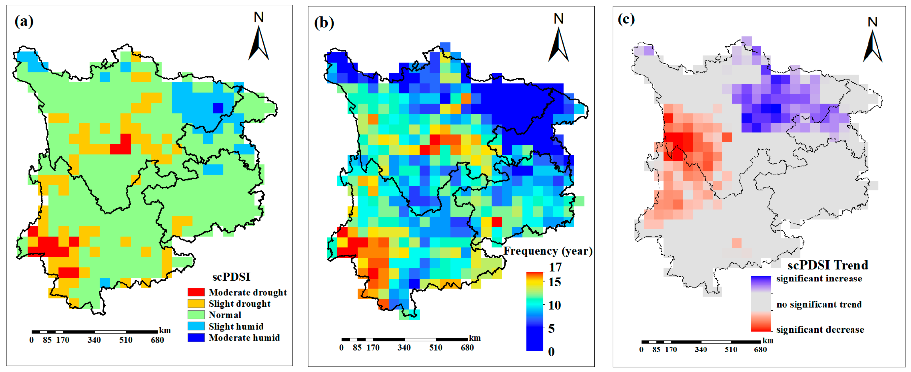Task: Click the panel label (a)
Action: click(x=24, y=21)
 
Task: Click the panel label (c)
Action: click(x=626, y=19)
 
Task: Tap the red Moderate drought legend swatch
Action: click(x=196, y=292)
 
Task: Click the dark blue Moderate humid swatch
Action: click(x=196, y=337)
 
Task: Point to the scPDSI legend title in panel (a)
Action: click(x=231, y=277)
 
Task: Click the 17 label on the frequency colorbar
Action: click(x=555, y=267)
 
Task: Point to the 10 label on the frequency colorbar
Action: click(x=554, y=305)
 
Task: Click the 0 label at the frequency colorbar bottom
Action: click(x=551, y=352)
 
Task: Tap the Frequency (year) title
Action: click(x=548, y=251)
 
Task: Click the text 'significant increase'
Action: click(x=819, y=278)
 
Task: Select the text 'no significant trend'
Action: click(x=819, y=304)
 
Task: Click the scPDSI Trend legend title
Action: click(x=827, y=265)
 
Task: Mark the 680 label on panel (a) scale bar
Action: click(x=157, y=340)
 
